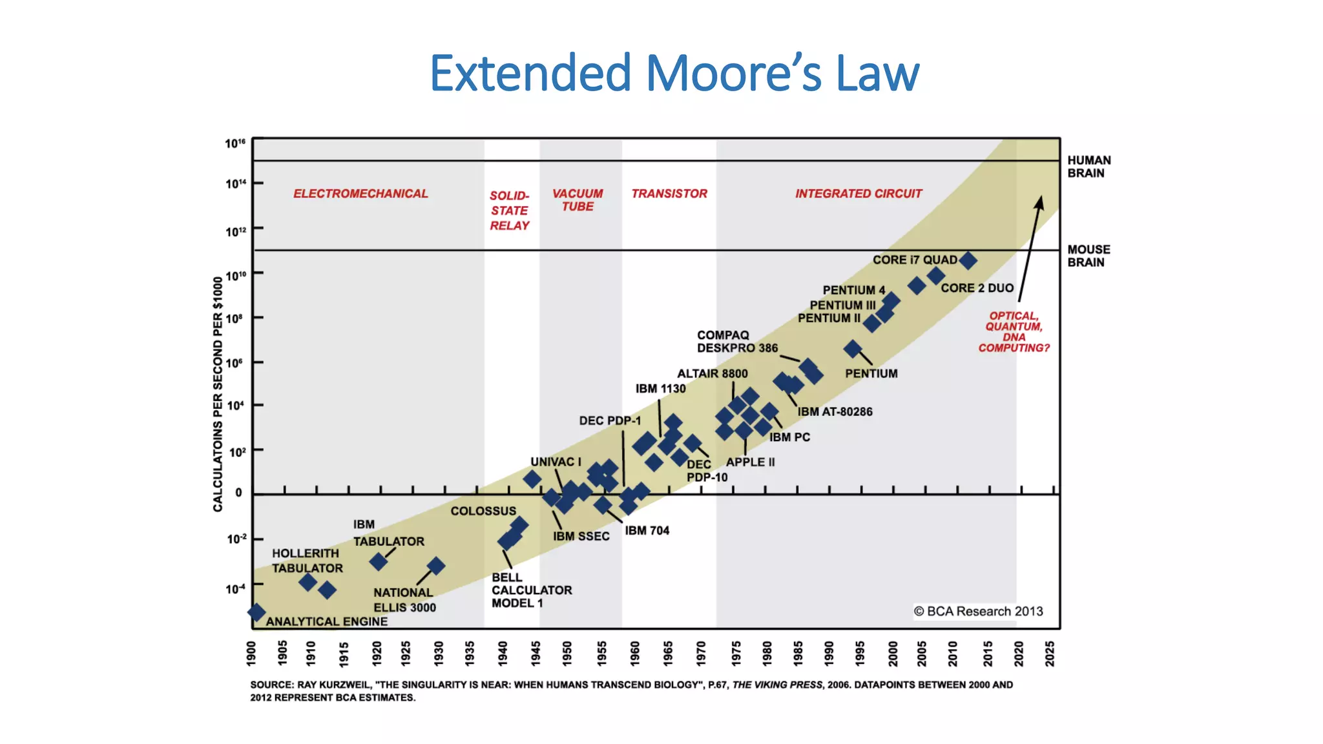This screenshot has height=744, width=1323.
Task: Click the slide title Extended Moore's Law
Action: [674, 73]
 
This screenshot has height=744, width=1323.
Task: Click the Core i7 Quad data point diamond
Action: [967, 261]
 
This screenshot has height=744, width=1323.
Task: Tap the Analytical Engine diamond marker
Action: [256, 612]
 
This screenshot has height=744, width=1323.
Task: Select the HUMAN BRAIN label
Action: [1089, 167]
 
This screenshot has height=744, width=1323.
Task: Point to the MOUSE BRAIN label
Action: [1089, 256]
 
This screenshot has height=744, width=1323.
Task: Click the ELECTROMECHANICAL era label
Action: [360, 194]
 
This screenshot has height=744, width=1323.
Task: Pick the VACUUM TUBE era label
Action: [578, 200]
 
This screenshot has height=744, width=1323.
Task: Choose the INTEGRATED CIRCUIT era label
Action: [858, 194]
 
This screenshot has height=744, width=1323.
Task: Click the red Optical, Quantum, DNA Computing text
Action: [1014, 332]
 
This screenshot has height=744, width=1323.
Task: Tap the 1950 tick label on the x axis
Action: [567, 654]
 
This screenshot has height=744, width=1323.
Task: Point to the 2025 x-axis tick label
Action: [1050, 654]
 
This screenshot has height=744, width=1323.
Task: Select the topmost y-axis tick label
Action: [235, 143]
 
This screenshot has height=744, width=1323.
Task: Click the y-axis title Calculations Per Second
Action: [218, 394]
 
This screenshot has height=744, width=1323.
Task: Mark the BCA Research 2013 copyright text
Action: [978, 611]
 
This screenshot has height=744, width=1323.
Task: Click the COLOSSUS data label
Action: [483, 511]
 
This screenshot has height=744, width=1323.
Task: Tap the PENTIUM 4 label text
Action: [853, 290]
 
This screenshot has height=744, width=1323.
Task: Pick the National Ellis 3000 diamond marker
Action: [436, 566]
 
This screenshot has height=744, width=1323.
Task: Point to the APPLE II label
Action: [750, 462]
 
